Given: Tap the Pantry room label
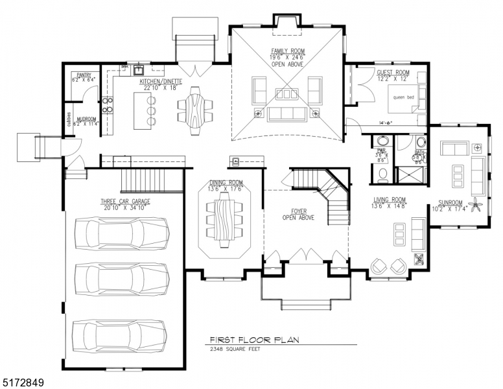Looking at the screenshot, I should tap(84, 75).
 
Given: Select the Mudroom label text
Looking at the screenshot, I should tap(86, 119).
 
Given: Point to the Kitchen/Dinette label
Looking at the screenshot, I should tap(161, 82).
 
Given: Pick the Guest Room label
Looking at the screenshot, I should tap(393, 73).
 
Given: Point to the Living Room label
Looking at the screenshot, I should tap(390, 200).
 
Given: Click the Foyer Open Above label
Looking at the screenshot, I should tap(298, 214).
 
